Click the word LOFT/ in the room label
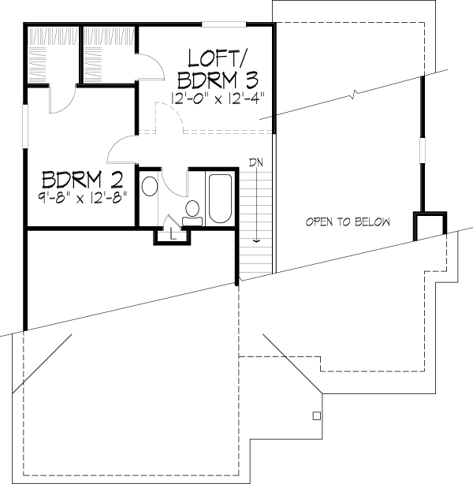(216, 58)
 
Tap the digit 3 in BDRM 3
(251, 80)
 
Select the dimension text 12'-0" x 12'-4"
(218, 99)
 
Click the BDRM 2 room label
(83, 180)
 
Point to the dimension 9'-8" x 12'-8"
(83, 197)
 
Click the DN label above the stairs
(256, 162)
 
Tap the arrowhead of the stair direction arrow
(256, 240)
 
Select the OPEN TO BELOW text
(348, 222)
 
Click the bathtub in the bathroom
(220, 199)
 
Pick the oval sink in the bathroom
(150, 186)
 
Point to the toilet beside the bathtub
(192, 213)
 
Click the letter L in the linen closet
(173, 235)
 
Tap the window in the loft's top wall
(224, 24)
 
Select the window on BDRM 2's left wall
(24, 126)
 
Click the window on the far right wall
(423, 151)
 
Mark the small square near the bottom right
(316, 416)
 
